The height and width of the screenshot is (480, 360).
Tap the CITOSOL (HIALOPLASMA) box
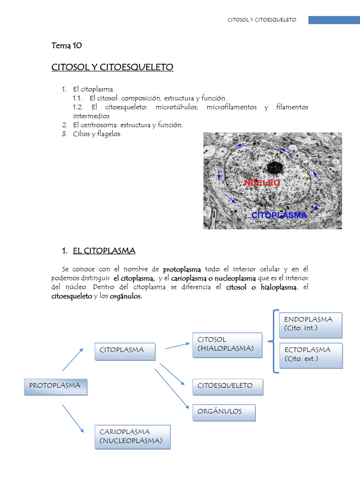coord(227,345)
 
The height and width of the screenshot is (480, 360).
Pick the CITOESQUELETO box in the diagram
coord(227,387)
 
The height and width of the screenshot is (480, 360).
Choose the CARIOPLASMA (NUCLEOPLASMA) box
coord(133,436)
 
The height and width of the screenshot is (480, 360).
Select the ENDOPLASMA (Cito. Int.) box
coord(311,325)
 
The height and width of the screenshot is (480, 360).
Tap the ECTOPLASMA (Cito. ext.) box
coord(311,355)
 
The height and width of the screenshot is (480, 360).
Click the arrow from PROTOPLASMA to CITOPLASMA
coord(73,360)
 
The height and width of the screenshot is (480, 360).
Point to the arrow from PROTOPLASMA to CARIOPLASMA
coord(73,418)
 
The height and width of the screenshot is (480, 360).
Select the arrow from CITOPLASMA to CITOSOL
coord(177,345)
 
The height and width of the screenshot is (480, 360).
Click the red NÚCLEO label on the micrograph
coord(262,183)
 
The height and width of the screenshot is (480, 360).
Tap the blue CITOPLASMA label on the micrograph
coord(279,216)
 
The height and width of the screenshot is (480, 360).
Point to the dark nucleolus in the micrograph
coord(275,168)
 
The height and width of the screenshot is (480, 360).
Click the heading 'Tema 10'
coord(67,45)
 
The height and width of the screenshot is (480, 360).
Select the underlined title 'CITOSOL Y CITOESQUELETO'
coord(112,67)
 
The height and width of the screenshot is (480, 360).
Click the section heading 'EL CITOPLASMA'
coord(104,251)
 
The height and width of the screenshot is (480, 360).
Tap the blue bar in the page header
coord(334,20)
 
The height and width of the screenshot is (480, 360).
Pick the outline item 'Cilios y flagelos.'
coord(97,134)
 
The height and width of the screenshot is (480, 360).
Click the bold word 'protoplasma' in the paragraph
coord(182,270)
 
